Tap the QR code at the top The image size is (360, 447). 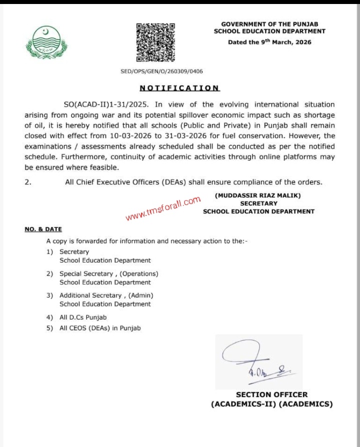coord(155,42)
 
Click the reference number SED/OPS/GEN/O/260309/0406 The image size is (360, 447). coord(162,71)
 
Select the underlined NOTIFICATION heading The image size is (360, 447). coord(179,88)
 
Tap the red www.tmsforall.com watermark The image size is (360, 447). coord(163,208)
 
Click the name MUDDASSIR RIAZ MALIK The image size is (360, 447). coord(258,195)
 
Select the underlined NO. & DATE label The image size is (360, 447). coord(43,229)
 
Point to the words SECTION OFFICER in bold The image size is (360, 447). coord(271,394)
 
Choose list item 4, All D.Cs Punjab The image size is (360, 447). coord(83,317)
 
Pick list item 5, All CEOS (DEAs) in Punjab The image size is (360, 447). coord(100,328)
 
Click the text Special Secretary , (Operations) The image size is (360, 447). coord(108,274)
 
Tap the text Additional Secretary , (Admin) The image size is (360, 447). coord(106,295)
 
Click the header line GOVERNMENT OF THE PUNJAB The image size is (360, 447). coord(269,24)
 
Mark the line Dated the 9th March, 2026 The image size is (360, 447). coord(269,42)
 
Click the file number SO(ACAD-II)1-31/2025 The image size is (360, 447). coord(107,104)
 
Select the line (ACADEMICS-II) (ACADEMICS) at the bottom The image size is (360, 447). coord(271,404)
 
